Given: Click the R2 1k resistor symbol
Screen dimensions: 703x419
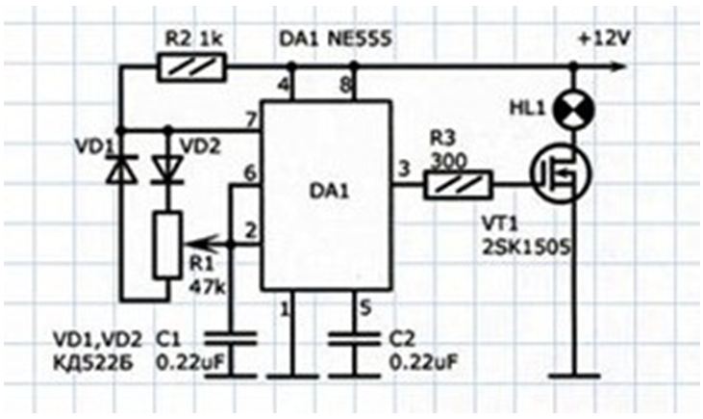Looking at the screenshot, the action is pos(192,67).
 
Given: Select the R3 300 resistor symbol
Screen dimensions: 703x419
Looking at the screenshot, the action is pos(458,185).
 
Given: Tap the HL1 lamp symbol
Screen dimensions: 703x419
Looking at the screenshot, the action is pos(573,110).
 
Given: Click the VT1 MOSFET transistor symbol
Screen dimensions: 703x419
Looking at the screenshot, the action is pos(561,173).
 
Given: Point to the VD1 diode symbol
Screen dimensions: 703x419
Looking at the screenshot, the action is pos(119,170).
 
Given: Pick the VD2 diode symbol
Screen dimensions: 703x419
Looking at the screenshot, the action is pos(167,170).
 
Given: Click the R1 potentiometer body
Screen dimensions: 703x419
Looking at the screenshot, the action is pos(168,245).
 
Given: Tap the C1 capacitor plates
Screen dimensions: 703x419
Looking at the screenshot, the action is pos(232,339).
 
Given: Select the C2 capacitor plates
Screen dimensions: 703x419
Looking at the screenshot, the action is pos(354,339).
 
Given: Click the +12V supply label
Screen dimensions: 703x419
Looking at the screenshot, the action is pos(605,39).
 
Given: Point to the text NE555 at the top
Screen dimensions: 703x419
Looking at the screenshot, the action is pos(360,39).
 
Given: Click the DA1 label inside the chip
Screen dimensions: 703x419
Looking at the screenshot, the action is pos(329,192).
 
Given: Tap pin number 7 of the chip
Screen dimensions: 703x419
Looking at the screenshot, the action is pos(251,120).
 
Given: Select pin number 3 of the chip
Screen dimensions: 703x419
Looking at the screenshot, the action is pos(404,170).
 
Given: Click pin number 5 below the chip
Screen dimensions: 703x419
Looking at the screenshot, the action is pos(365,308).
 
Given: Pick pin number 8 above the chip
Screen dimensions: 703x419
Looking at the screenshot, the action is pos(344,85).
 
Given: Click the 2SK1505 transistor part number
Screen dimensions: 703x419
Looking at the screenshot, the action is pos(526,248).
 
